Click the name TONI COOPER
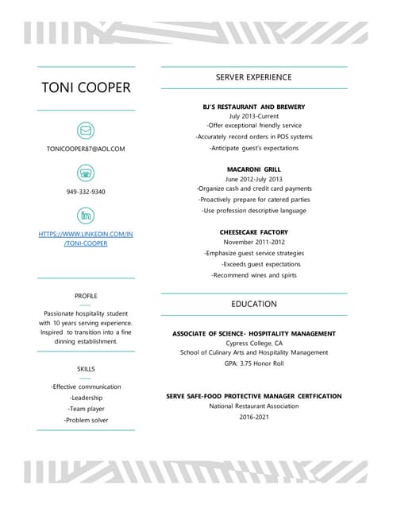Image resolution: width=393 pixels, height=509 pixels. [x=86, y=87]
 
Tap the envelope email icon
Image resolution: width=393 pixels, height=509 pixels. [x=86, y=130]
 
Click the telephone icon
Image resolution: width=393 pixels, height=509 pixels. [x=86, y=173]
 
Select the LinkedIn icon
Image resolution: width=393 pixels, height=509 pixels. [x=86, y=215]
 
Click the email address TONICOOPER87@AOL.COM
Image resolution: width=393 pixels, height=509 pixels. [x=86, y=149]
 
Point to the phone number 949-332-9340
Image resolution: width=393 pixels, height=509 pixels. [x=86, y=192]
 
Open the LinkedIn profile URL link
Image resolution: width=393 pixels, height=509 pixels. [x=86, y=239]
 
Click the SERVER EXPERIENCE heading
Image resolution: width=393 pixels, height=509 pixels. [x=254, y=77]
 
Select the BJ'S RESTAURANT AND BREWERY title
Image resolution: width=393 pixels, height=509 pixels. [x=254, y=107]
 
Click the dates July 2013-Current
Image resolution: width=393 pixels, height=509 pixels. [x=254, y=116]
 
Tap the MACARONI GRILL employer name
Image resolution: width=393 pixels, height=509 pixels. [x=254, y=169]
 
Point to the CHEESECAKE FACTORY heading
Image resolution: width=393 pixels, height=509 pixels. [x=254, y=232]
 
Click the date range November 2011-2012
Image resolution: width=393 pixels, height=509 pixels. [x=254, y=242]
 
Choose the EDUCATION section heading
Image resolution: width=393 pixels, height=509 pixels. [x=254, y=304]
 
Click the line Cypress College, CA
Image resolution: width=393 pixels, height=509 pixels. [x=254, y=343]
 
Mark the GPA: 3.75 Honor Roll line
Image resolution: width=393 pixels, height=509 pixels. [x=254, y=363]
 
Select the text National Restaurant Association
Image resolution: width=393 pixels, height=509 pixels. [x=254, y=406]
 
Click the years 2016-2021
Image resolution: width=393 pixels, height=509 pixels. [x=254, y=416]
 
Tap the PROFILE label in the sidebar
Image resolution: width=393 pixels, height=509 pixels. [x=86, y=296]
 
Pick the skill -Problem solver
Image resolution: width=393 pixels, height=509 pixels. [x=86, y=420]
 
